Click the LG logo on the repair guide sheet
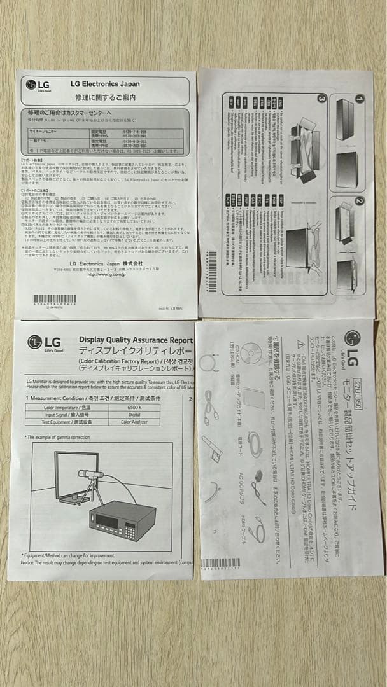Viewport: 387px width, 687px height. [x=36, y=85]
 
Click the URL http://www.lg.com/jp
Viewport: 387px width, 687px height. [x=105, y=274]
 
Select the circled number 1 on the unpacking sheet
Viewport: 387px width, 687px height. [x=359, y=100]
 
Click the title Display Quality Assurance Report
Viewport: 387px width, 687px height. [x=135, y=341]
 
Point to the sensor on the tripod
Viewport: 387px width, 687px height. [x=90, y=475]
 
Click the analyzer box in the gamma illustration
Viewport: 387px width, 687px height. [x=122, y=520]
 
